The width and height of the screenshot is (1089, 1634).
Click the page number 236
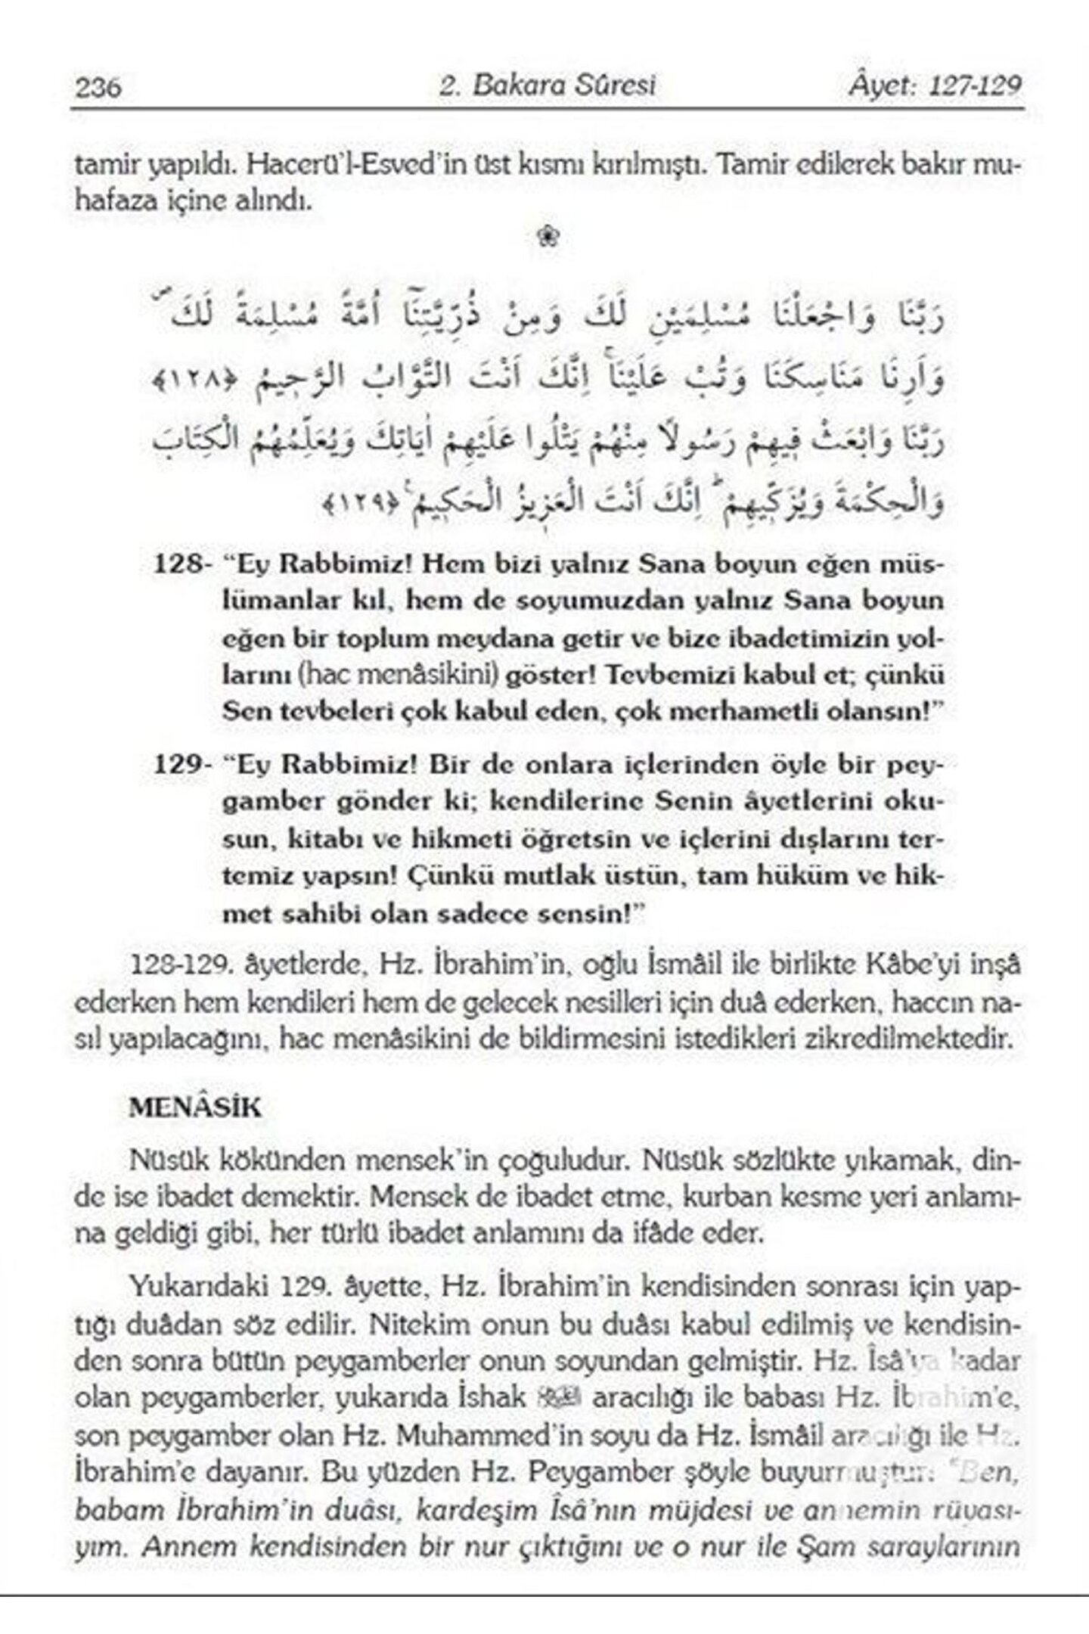pos(98,88)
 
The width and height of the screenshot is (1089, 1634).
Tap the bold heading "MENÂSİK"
pos(195,1108)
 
